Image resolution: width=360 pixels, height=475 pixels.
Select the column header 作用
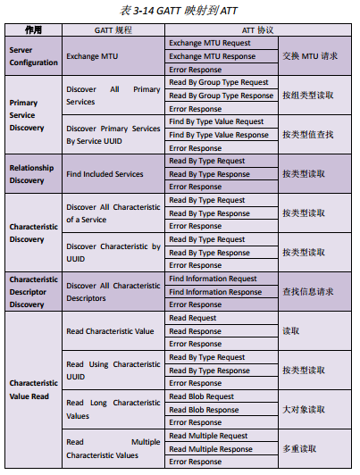33,30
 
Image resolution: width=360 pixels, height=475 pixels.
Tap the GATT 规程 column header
113,30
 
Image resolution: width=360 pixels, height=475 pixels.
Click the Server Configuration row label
34,56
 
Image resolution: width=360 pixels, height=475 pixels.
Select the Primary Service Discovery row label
34,115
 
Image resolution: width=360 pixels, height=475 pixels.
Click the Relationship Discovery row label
34,174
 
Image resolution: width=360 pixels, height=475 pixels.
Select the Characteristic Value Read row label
34,389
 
